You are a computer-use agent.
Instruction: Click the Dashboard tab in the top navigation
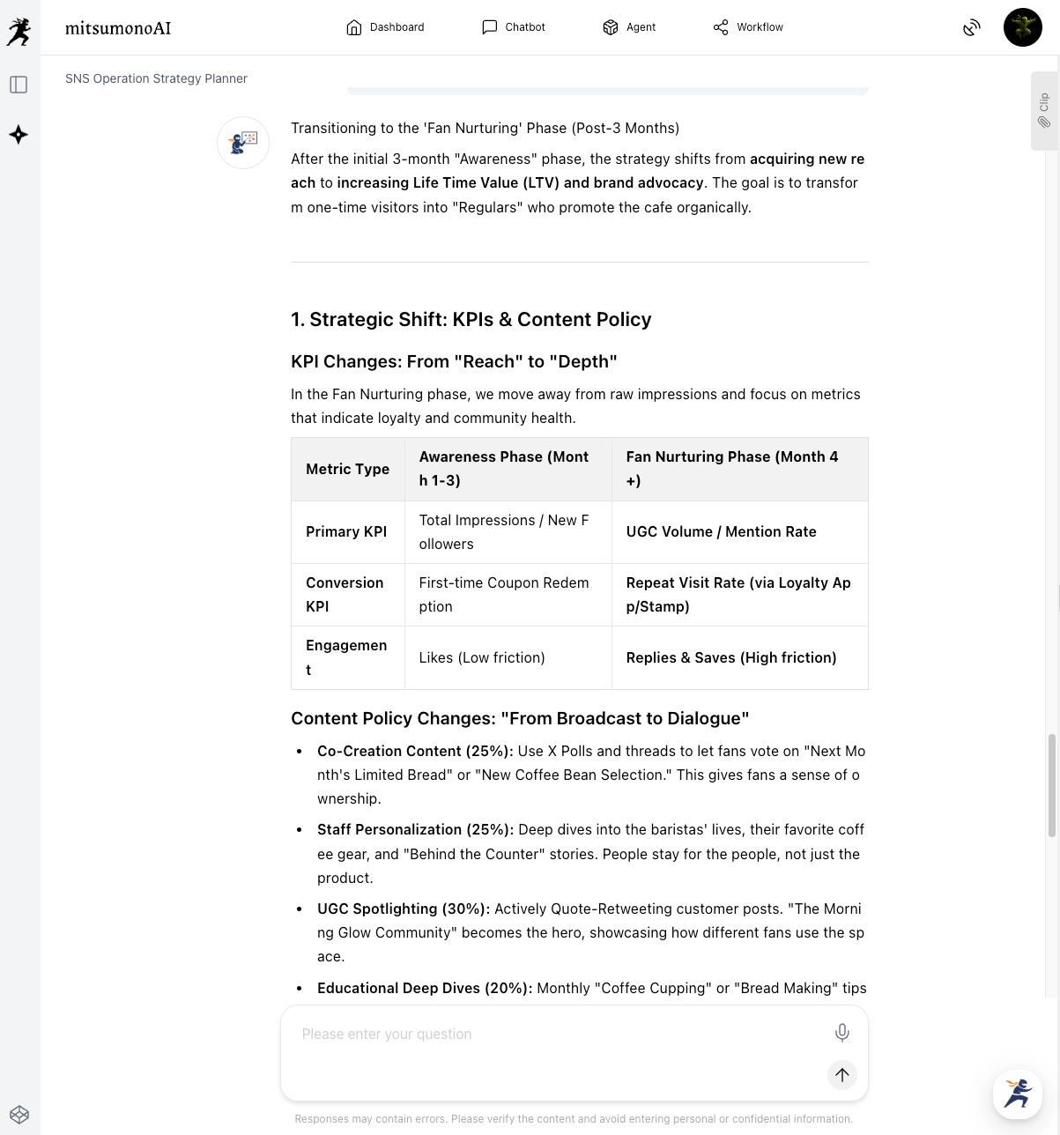tap(386, 27)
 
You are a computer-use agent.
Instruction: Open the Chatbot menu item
tap(514, 27)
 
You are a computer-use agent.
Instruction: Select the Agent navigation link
tap(629, 27)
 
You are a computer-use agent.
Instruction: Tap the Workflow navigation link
tap(748, 27)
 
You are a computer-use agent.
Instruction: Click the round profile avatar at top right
tap(1022, 27)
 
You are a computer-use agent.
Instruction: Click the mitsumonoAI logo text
tap(118, 28)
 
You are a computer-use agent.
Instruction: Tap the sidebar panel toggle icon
tap(19, 85)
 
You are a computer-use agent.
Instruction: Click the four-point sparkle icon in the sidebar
tap(19, 135)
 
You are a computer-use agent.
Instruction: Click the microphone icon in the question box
tap(841, 1033)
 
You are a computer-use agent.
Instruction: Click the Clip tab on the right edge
tap(1044, 111)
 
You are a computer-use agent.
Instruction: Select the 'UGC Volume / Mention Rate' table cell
tap(721, 532)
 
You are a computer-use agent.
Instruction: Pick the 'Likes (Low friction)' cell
tap(482, 658)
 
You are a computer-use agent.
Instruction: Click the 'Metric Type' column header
tap(347, 470)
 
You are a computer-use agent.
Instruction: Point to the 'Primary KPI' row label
tap(346, 532)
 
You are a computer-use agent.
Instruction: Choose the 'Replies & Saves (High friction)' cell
tap(731, 658)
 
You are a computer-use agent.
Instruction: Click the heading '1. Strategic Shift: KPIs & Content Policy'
tap(471, 320)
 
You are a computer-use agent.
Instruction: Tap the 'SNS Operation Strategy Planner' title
tap(156, 78)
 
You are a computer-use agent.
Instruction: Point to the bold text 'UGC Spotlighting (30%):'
tap(404, 909)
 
